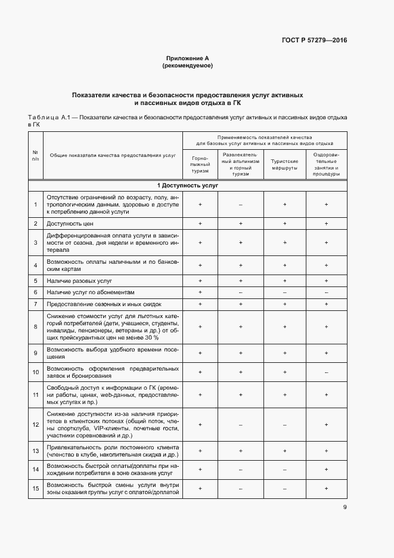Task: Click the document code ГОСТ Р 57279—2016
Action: pyautogui.click(x=314, y=41)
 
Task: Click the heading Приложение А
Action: pyautogui.click(x=188, y=58)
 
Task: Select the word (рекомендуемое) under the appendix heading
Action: pyautogui.click(x=188, y=66)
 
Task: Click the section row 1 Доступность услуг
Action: pyautogui.click(x=188, y=186)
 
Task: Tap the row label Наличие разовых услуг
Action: pyautogui.click(x=79, y=280)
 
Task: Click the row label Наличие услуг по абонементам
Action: pyautogui.click(x=91, y=292)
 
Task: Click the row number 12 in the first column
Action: pyautogui.click(x=35, y=425)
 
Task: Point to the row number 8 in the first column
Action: pyautogui.click(x=35, y=326)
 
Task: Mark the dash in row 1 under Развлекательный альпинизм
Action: pyautogui.click(x=240, y=205)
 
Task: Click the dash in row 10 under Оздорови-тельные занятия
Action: pyautogui.click(x=326, y=372)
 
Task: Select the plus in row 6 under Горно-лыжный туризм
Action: pyautogui.click(x=200, y=292)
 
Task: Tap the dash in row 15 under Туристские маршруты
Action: pyautogui.click(x=284, y=489)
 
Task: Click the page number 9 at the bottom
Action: pyautogui.click(x=345, y=507)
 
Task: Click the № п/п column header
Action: pyautogui.click(x=35, y=155)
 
